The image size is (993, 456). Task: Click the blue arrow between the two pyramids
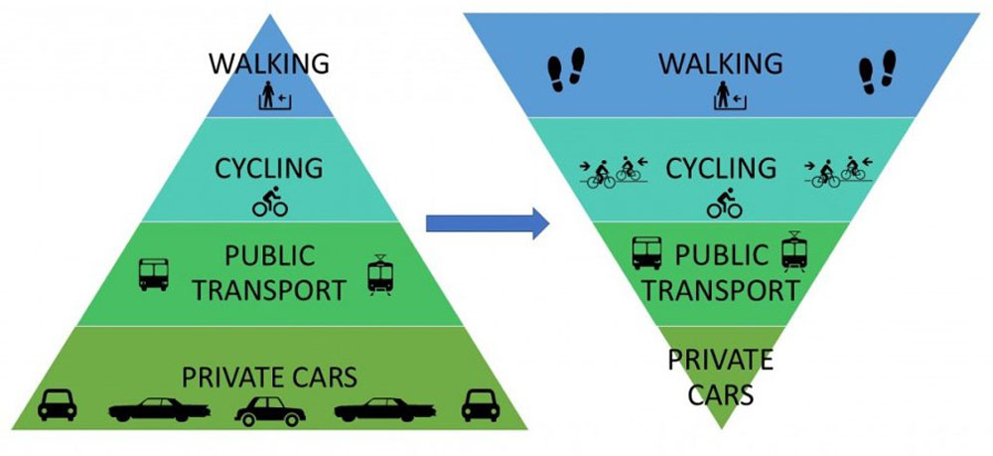pyautogui.click(x=487, y=223)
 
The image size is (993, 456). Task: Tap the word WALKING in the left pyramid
pyautogui.click(x=268, y=65)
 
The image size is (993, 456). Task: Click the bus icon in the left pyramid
pyautogui.click(x=154, y=274)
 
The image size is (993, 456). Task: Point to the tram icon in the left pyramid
pyautogui.click(x=380, y=274)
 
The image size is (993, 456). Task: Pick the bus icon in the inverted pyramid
pyautogui.click(x=647, y=252)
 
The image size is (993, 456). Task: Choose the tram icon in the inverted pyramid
pyautogui.click(x=793, y=251)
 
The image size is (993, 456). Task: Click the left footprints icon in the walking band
pyautogui.click(x=567, y=72)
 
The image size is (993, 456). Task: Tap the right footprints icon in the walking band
pyautogui.click(x=877, y=72)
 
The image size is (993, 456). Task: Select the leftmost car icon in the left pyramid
pyautogui.click(x=58, y=404)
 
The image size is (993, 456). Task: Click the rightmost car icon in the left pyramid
pyautogui.click(x=481, y=404)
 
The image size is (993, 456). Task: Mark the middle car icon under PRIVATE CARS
pyautogui.click(x=269, y=409)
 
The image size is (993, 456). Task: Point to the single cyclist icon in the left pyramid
pyautogui.click(x=269, y=203)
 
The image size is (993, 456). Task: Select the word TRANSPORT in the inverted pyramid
pyautogui.click(x=722, y=290)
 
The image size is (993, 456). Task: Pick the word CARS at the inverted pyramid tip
pyautogui.click(x=722, y=393)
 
